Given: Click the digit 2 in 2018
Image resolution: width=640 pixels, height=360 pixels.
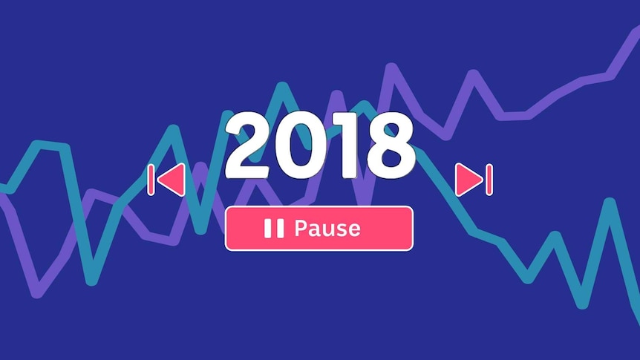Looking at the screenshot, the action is click(x=247, y=145).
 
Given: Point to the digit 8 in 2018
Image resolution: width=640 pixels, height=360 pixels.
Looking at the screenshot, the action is click(x=391, y=145).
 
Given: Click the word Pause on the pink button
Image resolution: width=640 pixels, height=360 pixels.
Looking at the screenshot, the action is click(x=327, y=228).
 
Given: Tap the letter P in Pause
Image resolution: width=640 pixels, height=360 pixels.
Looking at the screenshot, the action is click(x=301, y=228).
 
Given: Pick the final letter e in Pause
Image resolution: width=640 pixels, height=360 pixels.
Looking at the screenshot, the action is click(x=354, y=230).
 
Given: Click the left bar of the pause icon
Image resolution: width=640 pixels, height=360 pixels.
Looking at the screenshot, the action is click(x=268, y=228).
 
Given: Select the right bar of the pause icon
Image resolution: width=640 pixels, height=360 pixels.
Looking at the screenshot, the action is click(x=280, y=228).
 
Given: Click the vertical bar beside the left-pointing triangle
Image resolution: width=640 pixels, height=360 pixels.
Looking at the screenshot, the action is click(x=151, y=180).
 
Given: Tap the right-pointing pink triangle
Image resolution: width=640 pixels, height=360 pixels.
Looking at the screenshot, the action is click(x=469, y=180).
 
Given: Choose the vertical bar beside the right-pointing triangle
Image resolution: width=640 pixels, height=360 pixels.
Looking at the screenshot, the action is click(x=489, y=180).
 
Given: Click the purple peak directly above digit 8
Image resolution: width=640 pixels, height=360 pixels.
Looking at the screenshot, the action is click(x=391, y=68).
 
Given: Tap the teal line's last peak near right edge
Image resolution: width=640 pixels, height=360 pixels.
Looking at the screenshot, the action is click(x=610, y=203).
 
